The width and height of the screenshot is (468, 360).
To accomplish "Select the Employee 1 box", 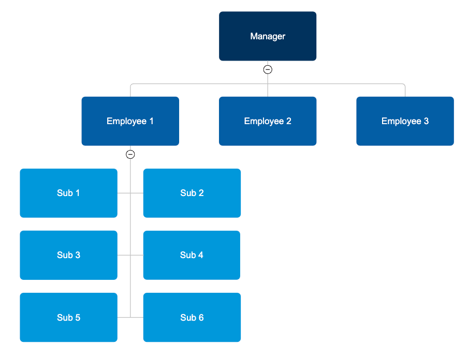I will point(130,121).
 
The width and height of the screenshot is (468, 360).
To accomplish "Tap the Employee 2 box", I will point(268,121).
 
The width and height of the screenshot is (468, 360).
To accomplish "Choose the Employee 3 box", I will point(405,121).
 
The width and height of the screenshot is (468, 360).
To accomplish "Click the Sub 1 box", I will point(68,193).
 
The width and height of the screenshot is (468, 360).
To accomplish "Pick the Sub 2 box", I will point(192,193).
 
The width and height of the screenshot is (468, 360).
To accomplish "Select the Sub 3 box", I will point(68,255).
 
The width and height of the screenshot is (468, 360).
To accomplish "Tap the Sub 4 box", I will point(192,255).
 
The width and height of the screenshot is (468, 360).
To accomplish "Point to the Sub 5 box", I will point(68,318).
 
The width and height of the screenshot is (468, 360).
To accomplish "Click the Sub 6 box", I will point(192,318).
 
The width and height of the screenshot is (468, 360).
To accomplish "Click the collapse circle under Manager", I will point(268,69).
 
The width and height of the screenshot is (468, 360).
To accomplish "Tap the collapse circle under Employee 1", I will point(130,154).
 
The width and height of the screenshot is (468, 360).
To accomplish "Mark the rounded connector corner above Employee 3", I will point(404,85).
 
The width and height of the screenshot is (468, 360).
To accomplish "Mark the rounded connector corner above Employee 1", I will point(131,85).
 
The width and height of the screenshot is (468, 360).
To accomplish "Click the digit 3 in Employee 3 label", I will point(426,121).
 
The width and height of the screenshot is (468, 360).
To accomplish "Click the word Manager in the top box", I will point(268,36).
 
